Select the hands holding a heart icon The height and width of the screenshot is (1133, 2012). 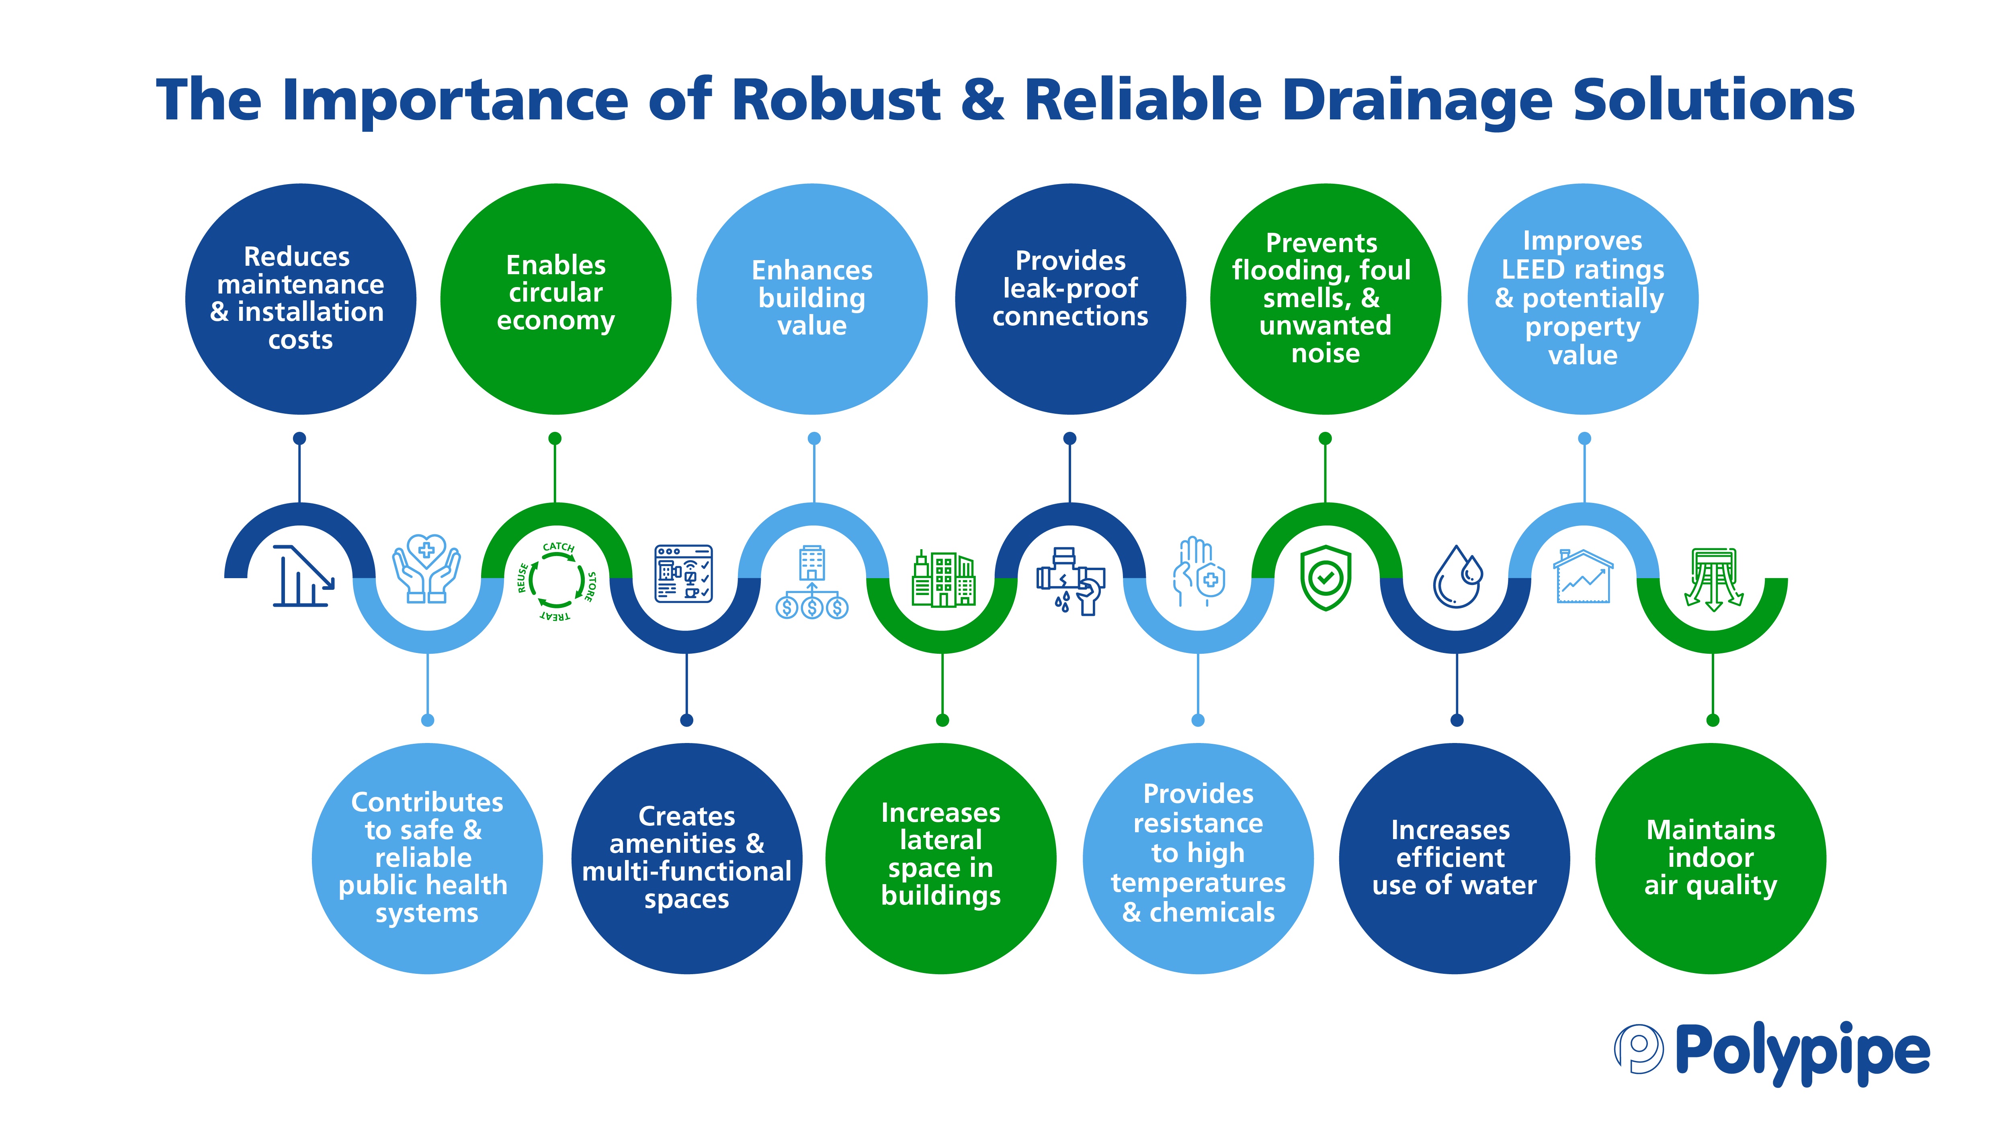tap(426, 569)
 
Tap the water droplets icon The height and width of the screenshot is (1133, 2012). tap(1457, 577)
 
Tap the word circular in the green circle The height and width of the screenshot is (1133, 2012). tap(555, 293)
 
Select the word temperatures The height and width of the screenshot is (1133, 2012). tap(1198, 883)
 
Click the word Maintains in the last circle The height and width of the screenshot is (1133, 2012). tap(1711, 830)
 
